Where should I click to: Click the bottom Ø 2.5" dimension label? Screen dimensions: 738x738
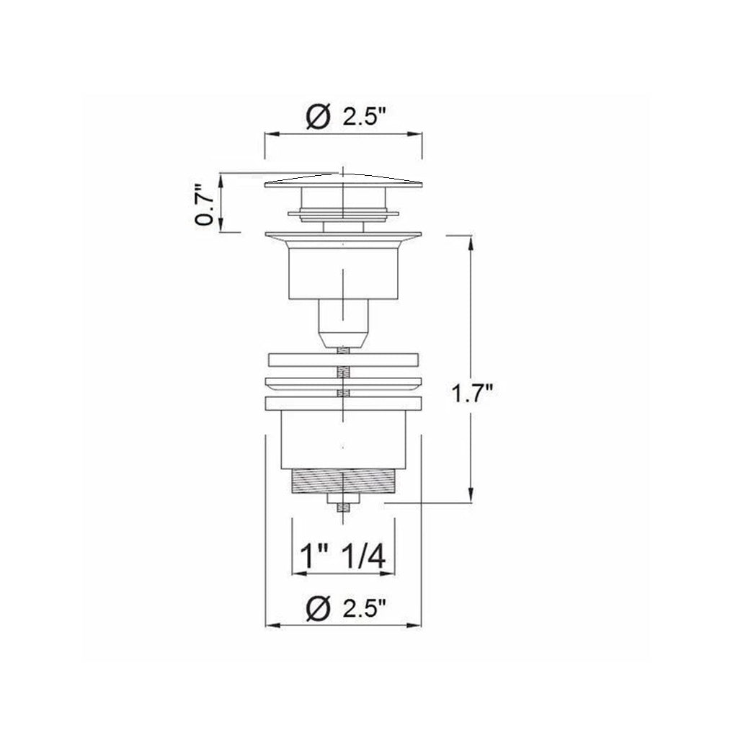343,609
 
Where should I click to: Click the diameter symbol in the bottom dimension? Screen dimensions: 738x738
317,609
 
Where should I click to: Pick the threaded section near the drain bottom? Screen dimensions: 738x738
343,480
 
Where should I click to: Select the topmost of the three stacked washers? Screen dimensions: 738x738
343,359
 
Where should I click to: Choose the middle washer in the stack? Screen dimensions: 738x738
343,382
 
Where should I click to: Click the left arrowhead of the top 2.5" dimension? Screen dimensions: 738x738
269,135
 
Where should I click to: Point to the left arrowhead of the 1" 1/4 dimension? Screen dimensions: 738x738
295,574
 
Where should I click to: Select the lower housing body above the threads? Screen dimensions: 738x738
343,440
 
